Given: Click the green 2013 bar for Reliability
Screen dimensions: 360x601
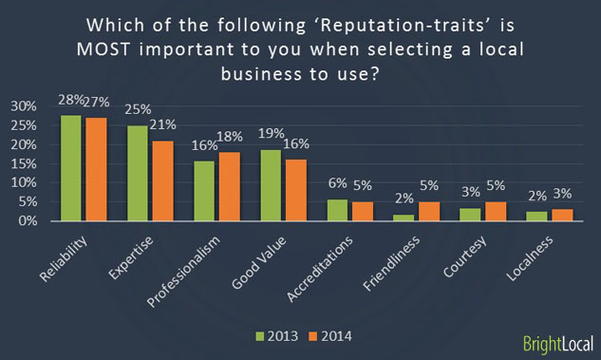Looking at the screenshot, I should (x=71, y=168).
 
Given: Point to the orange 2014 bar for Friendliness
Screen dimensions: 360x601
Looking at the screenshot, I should (x=428, y=211).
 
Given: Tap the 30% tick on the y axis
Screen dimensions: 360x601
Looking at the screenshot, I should (x=22, y=105).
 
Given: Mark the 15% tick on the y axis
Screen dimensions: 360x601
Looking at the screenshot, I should (x=22, y=163).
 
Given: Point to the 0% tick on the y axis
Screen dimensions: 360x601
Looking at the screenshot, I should (x=26, y=221).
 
